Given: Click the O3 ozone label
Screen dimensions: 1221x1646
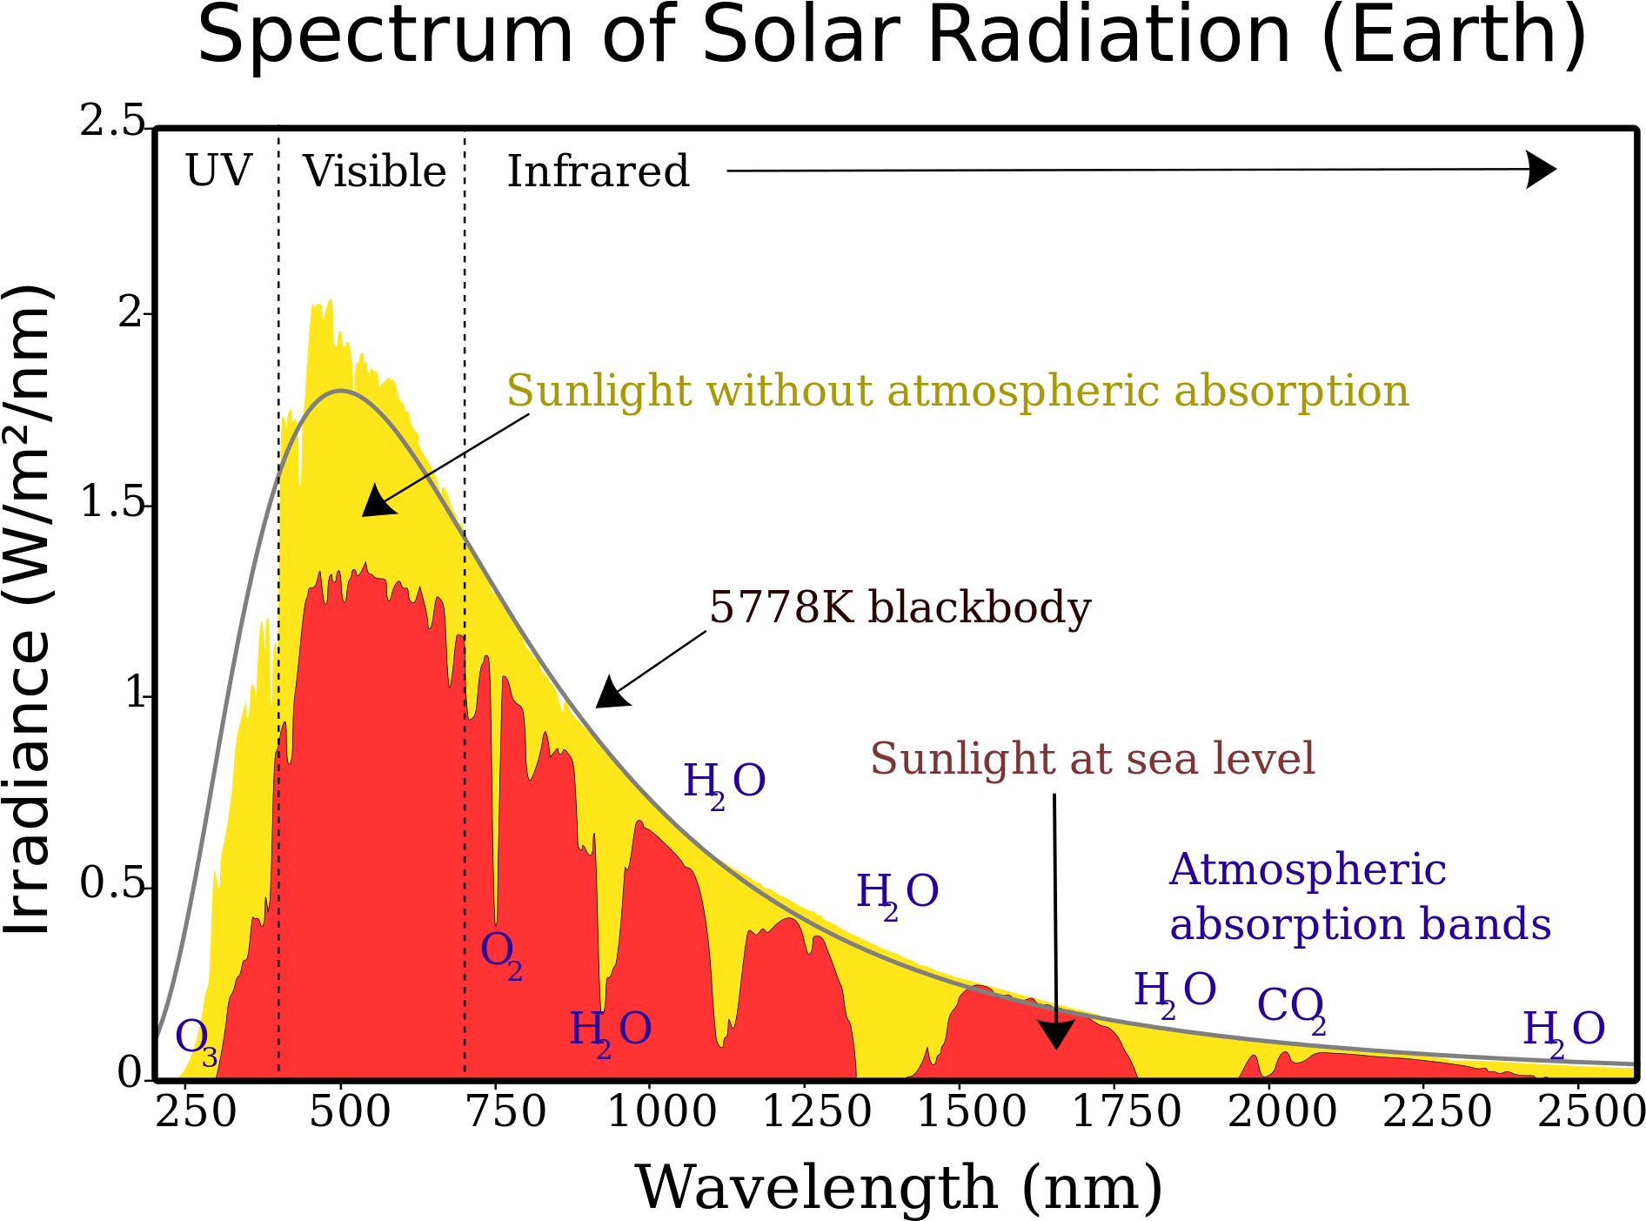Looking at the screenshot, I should [195, 1039].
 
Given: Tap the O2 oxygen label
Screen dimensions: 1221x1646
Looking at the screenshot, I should [501, 953].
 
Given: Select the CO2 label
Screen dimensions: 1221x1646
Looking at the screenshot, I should [1291, 1009].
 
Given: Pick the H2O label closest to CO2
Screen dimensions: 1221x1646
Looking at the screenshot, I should [1174, 993].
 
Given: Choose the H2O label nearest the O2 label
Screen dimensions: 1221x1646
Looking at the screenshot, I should [610, 1032].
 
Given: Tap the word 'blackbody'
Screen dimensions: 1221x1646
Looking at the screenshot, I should [980, 607].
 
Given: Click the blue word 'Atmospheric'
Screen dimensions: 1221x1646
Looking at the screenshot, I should [1308, 869].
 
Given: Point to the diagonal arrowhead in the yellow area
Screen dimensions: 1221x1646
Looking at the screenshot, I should [377, 503].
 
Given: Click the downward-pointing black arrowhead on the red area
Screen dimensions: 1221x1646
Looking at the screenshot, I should [1056, 1035].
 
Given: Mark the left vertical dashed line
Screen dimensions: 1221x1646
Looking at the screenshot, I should [278, 783].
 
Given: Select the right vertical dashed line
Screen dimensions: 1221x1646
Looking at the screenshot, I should [465, 783].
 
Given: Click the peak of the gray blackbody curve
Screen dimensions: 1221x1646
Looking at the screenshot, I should [341, 391].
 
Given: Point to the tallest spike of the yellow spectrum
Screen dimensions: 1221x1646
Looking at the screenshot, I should [331, 301].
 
